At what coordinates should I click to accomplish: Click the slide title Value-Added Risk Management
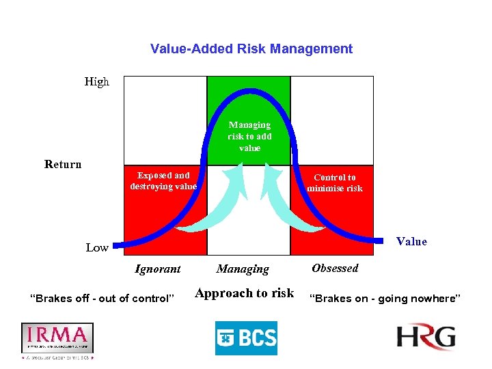pos(251,49)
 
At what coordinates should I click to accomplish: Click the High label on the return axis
pos(96,82)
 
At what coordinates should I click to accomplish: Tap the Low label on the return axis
pos(96,247)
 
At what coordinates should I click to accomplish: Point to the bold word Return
pos(63,164)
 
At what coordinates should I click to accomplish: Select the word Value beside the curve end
pos(411,241)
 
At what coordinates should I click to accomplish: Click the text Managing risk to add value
pos(249,136)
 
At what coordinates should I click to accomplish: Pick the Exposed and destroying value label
pos(163,181)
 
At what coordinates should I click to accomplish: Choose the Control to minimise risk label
pos(335,183)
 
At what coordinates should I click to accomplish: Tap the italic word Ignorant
pos(158,269)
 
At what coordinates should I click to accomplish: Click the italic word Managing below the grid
pos(243,269)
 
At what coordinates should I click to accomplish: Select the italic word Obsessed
pos(335,269)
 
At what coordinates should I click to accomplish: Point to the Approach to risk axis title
pos(244,293)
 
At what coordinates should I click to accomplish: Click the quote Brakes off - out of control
pos(102,299)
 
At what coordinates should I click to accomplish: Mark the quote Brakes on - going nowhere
pos(385,299)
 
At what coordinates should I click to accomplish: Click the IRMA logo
pos(57,339)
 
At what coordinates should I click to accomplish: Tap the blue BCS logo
pos(246,338)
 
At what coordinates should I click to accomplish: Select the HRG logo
pos(426,338)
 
